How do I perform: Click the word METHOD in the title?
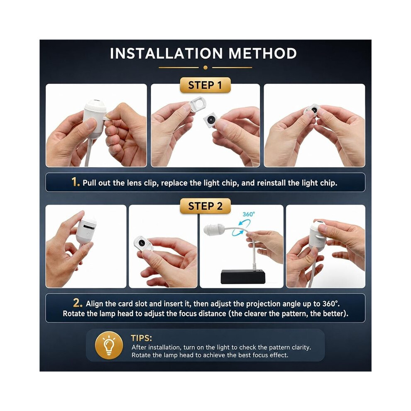point(262,54)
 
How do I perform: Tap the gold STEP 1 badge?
point(205,85)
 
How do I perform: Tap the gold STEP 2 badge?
point(205,206)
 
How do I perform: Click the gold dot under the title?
point(205,68)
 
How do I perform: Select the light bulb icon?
point(109,345)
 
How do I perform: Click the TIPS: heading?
point(141,338)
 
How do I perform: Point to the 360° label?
point(249,214)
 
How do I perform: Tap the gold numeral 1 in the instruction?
point(76,182)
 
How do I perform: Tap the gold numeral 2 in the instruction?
point(78,303)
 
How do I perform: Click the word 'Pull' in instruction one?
point(89,183)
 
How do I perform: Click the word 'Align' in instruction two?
point(94,304)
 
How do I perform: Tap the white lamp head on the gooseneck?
point(213,229)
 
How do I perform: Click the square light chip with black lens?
point(210,120)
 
